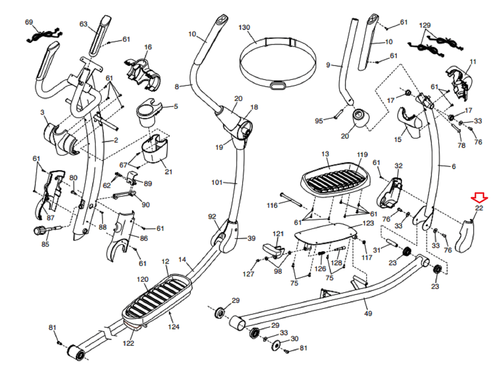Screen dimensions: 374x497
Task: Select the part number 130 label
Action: [244, 27]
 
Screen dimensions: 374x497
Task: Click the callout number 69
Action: [29, 22]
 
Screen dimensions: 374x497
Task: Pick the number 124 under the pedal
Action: [174, 326]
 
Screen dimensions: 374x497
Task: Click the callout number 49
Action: [368, 313]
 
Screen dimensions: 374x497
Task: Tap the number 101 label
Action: [217, 182]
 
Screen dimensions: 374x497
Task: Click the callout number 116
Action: [272, 205]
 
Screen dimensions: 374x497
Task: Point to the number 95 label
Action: [319, 121]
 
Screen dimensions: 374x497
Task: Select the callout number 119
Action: [362, 155]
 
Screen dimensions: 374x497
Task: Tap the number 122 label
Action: [128, 343]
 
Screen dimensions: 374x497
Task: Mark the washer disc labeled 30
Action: [275, 345]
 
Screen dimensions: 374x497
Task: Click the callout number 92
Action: [212, 217]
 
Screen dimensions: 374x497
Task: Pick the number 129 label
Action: [425, 25]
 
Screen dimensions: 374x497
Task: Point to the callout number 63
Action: [84, 24]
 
